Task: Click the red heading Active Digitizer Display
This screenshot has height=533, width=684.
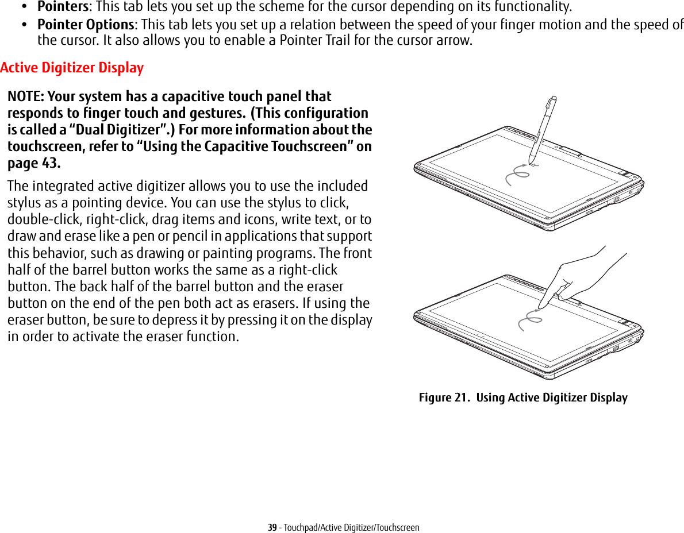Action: pyautogui.click(x=72, y=68)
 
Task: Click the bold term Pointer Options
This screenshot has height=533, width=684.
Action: pyautogui.click(x=86, y=25)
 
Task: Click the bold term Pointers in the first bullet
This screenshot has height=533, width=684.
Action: pyautogui.click(x=62, y=7)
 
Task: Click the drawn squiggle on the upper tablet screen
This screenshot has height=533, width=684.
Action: pyautogui.click(x=516, y=174)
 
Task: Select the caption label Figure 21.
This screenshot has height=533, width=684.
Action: pyautogui.click(x=444, y=397)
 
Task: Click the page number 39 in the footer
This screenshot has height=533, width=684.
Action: pyautogui.click(x=272, y=527)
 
